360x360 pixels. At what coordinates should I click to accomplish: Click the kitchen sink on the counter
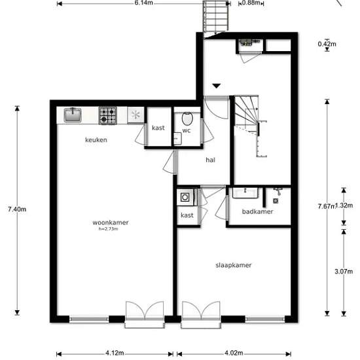73,115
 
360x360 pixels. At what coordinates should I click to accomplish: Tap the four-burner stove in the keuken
108,115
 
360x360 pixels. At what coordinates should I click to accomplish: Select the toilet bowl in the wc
187,118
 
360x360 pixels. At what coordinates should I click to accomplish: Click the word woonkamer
111,223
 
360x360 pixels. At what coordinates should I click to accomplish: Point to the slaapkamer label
234,265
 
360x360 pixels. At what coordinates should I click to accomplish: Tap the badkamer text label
258,211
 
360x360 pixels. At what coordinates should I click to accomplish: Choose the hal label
210,160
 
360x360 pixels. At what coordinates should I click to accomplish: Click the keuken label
96,140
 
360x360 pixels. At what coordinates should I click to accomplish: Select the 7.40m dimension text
17,209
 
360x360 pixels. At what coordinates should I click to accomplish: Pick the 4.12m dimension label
115,353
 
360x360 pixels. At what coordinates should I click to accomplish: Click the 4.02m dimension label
234,353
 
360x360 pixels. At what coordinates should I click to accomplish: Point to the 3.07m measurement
344,272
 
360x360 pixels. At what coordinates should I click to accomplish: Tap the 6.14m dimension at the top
144,3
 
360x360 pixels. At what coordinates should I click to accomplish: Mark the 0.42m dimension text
327,44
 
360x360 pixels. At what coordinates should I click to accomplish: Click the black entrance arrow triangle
217,86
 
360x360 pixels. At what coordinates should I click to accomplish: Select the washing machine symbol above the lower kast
185,197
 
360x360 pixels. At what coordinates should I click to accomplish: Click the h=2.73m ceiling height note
109,228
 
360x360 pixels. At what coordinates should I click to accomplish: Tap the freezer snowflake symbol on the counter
135,115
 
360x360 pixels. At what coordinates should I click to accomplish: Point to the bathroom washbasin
245,193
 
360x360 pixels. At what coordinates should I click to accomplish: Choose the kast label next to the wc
158,128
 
